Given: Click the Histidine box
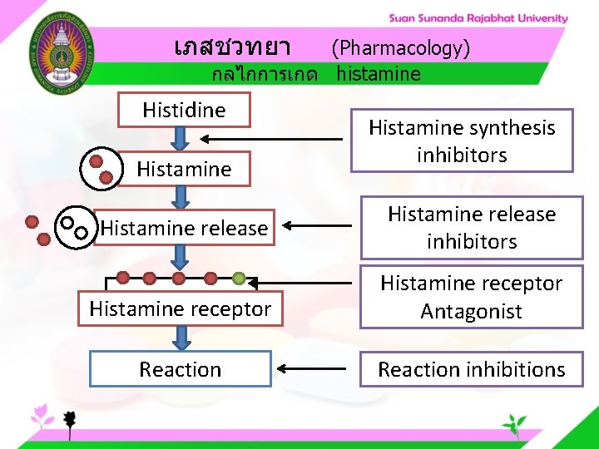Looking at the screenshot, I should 184,110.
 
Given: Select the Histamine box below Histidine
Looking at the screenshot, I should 184,170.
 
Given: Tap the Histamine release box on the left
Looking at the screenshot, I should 184,228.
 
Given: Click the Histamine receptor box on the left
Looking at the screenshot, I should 181,309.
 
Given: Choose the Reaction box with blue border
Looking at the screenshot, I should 181,369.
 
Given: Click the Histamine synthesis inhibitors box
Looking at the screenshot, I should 462,141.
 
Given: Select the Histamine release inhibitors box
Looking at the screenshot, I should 472,228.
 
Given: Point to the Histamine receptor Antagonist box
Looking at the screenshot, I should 472,297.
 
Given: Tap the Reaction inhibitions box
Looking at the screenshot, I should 472,369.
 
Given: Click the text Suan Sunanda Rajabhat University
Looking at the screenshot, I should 478,18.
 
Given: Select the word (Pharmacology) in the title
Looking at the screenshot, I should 401,48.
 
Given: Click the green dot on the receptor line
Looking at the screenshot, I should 239,278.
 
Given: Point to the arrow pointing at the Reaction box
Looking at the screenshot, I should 311,368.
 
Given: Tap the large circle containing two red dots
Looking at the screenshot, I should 101,168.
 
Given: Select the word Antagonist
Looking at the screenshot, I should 471,312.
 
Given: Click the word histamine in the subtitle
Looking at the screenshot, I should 379,74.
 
